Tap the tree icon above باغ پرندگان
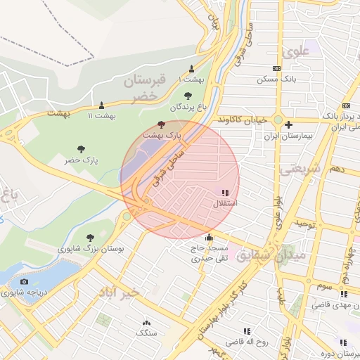point(187,96)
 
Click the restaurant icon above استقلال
point(225,192)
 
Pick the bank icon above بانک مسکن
point(277,68)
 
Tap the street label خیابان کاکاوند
point(241,120)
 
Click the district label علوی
point(295,52)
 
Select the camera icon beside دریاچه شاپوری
point(25,282)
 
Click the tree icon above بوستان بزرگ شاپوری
point(89,238)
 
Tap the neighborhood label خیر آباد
point(120,291)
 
